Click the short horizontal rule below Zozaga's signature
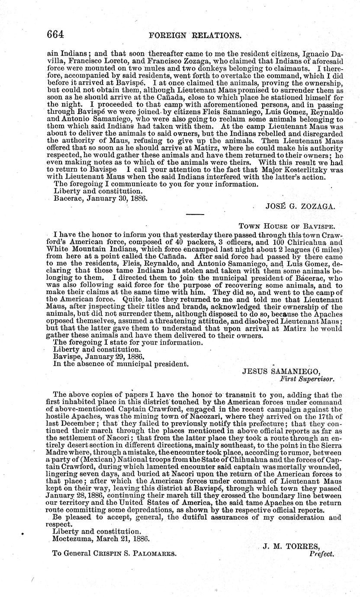pos(195,214)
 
